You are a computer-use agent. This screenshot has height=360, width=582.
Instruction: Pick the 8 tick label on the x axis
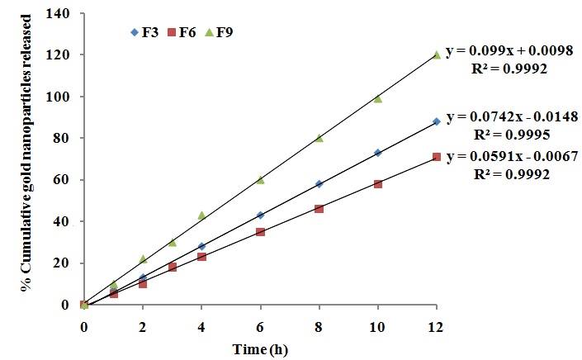[319, 327]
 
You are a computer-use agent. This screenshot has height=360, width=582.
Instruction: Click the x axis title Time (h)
[262, 348]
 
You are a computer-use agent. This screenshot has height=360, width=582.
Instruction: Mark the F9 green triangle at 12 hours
[436, 55]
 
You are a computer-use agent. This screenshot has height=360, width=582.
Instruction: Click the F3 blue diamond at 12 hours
[436, 121]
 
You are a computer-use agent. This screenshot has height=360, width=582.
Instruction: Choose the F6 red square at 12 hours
[436, 157]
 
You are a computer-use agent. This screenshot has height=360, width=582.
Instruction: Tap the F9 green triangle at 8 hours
[319, 138]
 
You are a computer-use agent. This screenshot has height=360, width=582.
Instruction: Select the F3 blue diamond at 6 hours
[260, 215]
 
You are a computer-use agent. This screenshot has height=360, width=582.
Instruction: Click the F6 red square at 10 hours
[377, 184]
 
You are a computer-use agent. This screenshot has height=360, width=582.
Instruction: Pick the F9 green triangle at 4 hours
[201, 216]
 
